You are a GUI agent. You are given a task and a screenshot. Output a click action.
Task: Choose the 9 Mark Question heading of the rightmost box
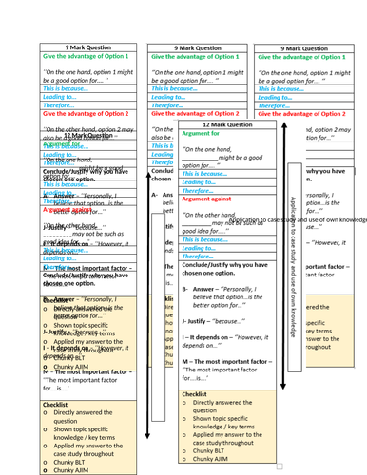[x=308, y=47]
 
